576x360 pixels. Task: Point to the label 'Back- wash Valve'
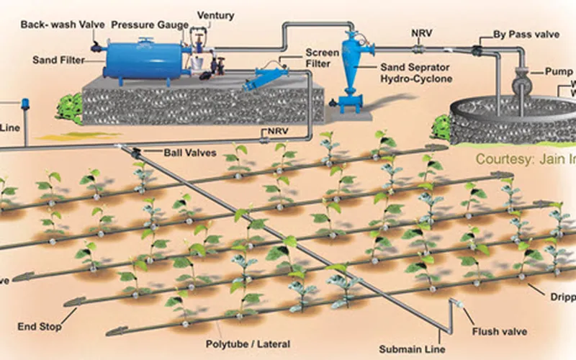click(x=54, y=24)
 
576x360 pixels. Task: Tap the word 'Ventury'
click(x=215, y=16)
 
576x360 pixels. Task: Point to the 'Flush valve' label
click(x=501, y=332)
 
